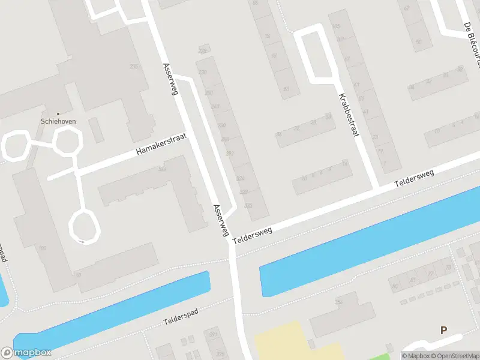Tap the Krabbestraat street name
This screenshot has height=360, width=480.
tap(349, 115)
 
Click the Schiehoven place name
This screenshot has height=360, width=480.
tap(58, 120)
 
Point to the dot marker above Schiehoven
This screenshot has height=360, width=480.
tap(58, 113)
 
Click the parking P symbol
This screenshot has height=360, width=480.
tap(444, 330)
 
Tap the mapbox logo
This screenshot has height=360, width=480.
tap(26, 353)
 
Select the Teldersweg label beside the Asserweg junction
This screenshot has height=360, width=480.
tap(252, 231)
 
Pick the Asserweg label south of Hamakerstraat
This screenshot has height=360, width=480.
tap(221, 220)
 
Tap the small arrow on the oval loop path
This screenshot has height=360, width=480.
tap(81, 241)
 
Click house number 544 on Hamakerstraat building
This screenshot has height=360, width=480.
tap(161, 169)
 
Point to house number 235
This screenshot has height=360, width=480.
tap(133, 67)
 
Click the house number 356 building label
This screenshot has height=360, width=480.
tap(339, 301)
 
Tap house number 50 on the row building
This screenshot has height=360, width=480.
tap(286, 89)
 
